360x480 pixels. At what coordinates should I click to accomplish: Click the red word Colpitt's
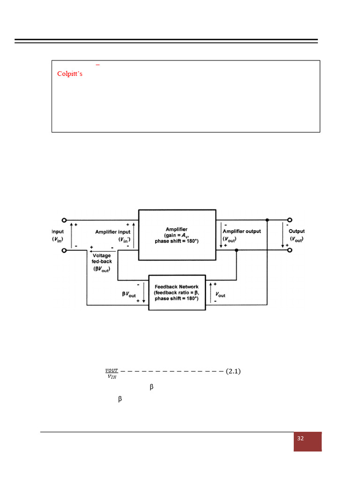pyautogui.click(x=70, y=74)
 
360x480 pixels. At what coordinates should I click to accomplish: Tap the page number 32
pyautogui.click(x=300, y=439)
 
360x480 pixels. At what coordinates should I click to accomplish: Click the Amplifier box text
pyautogui.click(x=177, y=235)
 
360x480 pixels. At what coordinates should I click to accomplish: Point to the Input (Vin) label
pyautogui.click(x=58, y=235)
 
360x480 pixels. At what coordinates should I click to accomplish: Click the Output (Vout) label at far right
pyautogui.click(x=296, y=235)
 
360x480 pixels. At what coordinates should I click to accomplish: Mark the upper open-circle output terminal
pyautogui.click(x=290, y=220)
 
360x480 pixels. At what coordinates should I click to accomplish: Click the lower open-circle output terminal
pyautogui.click(x=290, y=250)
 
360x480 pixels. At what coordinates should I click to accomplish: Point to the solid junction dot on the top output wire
pyautogui.click(x=267, y=220)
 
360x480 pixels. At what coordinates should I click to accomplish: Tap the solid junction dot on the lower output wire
pyautogui.click(x=237, y=250)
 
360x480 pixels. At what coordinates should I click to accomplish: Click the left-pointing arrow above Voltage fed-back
pyautogui.click(x=99, y=250)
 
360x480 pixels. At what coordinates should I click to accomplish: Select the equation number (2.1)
pyautogui.click(x=233, y=372)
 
